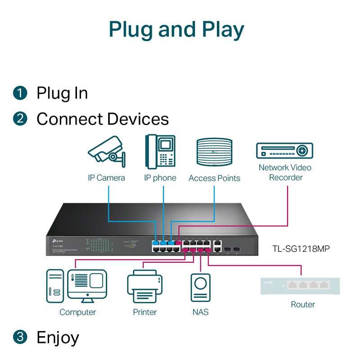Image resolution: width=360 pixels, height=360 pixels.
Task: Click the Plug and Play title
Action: coord(176,29)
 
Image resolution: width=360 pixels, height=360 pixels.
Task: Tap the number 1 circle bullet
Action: coord(20,93)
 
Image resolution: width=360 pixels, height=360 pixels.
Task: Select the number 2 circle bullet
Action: coord(20,119)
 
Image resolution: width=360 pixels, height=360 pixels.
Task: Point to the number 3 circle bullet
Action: coord(20,337)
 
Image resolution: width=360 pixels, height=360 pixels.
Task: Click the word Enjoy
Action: coord(58,337)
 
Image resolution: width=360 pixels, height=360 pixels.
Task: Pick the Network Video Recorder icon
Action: coord(284,151)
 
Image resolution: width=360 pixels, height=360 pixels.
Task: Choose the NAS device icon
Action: coord(200,287)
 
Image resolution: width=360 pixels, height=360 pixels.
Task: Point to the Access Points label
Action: coord(214,178)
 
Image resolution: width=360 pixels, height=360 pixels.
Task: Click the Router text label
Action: coord(302,305)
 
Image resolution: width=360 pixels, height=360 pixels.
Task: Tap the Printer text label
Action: coord(144,312)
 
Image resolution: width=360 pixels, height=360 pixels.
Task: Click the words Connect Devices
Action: coord(103,119)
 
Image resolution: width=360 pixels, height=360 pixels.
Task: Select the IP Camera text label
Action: coord(106,178)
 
